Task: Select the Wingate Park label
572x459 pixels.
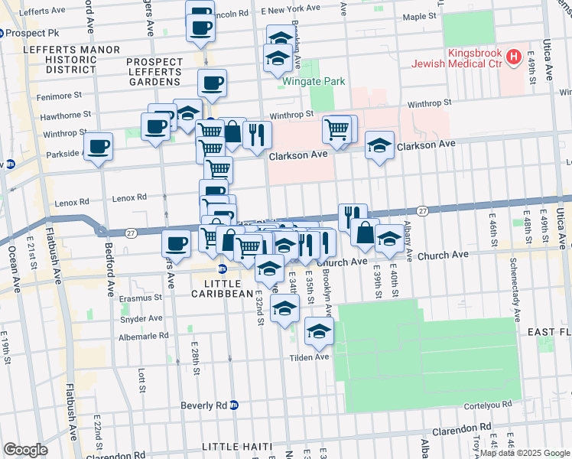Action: pyautogui.click(x=314, y=81)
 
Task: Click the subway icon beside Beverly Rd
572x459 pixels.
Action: pyautogui.click(x=235, y=405)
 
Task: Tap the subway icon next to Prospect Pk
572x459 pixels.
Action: pyautogui.click(x=2, y=34)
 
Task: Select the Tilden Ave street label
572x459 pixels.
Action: pyautogui.click(x=309, y=357)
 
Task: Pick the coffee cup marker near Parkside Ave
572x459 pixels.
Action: pyautogui.click(x=99, y=147)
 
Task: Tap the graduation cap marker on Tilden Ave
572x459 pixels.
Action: pyautogui.click(x=319, y=330)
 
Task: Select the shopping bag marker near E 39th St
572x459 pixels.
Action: pyautogui.click(x=366, y=232)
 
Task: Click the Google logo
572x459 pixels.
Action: pyautogui.click(x=25, y=450)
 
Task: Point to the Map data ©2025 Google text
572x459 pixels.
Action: pyautogui.click(x=524, y=453)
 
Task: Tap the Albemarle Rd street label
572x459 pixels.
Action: pyautogui.click(x=143, y=336)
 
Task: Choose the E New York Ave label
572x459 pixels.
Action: pyautogui.click(x=291, y=8)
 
